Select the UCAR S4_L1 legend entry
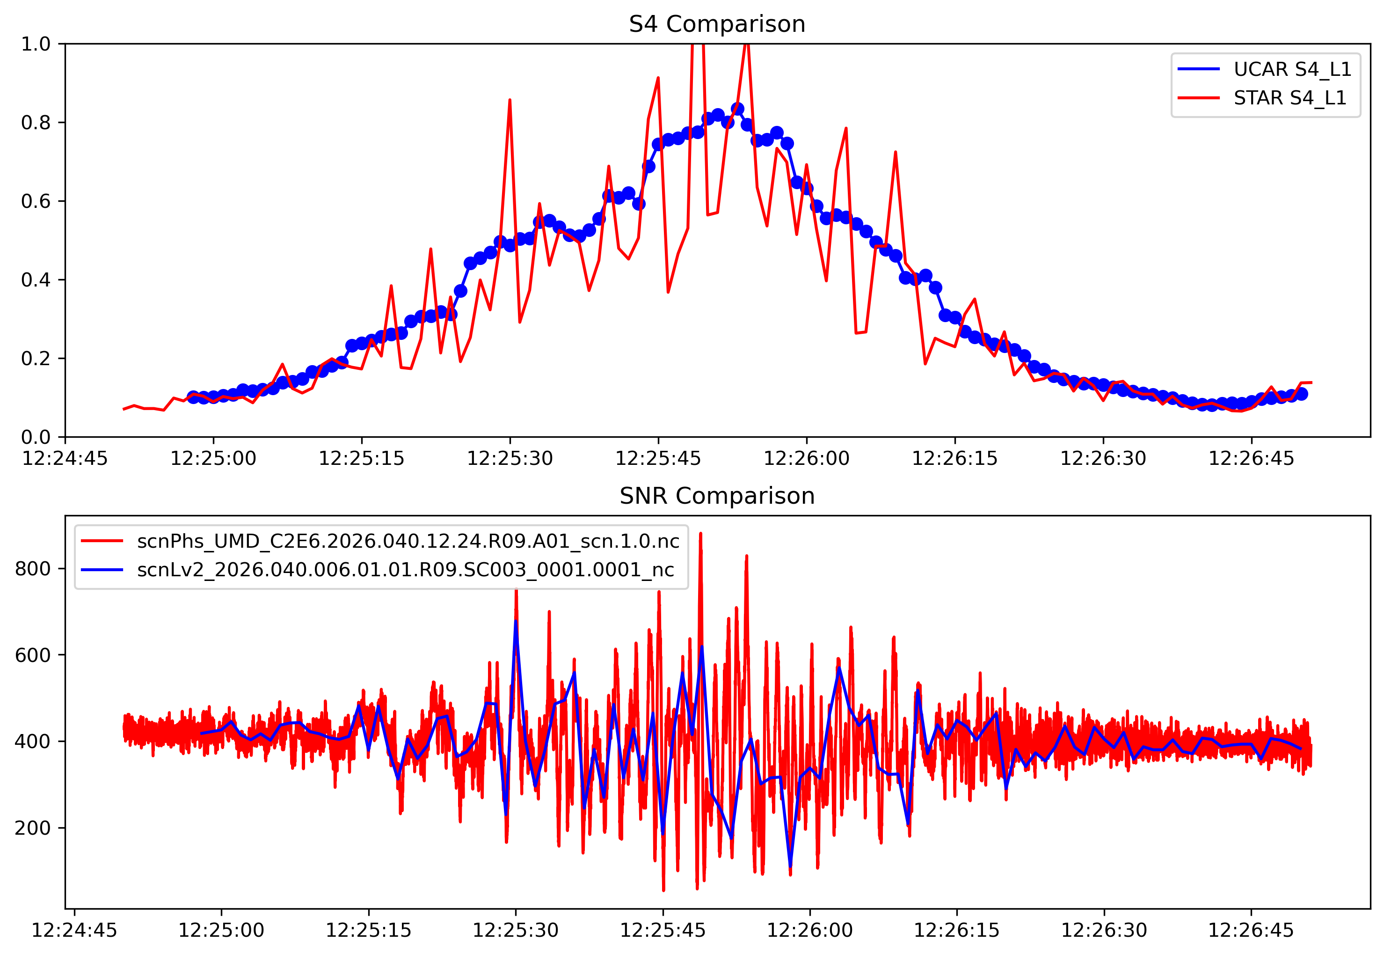(x=1292, y=69)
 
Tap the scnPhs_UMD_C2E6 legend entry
(x=408, y=541)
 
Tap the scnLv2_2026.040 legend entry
(x=406, y=569)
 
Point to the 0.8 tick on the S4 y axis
(x=36, y=123)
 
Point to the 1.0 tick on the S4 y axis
(x=36, y=44)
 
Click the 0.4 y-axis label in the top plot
(x=36, y=280)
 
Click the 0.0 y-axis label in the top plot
(x=36, y=437)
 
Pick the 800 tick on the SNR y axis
(x=32, y=568)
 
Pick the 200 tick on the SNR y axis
(x=32, y=828)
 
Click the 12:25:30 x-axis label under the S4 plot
(x=510, y=459)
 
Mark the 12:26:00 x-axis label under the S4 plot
(x=806, y=459)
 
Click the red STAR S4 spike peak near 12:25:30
(x=510, y=101)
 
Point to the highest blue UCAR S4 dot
(x=737, y=109)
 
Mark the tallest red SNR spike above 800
(x=700, y=534)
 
